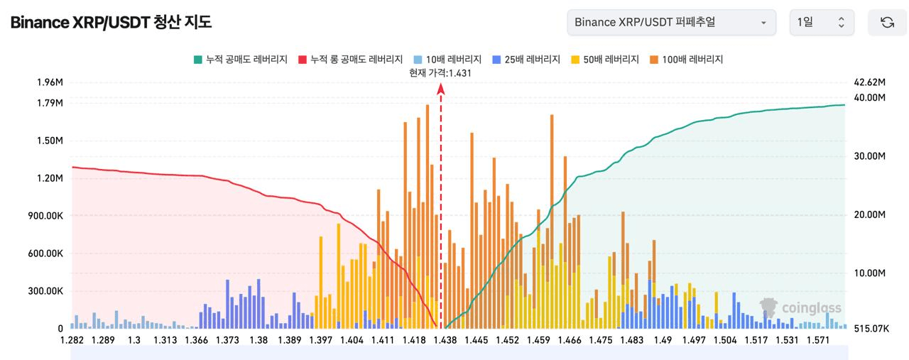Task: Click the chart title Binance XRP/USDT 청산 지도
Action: pyautogui.click(x=111, y=22)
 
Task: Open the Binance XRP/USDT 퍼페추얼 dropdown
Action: pyautogui.click(x=670, y=22)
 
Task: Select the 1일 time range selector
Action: pyautogui.click(x=821, y=22)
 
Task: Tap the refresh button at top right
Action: pyautogui.click(x=887, y=22)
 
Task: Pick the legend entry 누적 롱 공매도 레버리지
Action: pyautogui.click(x=351, y=60)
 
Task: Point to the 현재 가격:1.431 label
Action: pyautogui.click(x=440, y=72)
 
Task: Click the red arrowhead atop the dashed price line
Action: pyautogui.click(x=441, y=88)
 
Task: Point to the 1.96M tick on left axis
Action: pyautogui.click(x=50, y=82)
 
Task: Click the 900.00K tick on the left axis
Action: pyautogui.click(x=45, y=216)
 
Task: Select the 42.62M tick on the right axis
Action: pyautogui.click(x=869, y=82)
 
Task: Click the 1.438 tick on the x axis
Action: pyautogui.click(x=445, y=341)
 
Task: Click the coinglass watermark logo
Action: pyautogui.click(x=800, y=307)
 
